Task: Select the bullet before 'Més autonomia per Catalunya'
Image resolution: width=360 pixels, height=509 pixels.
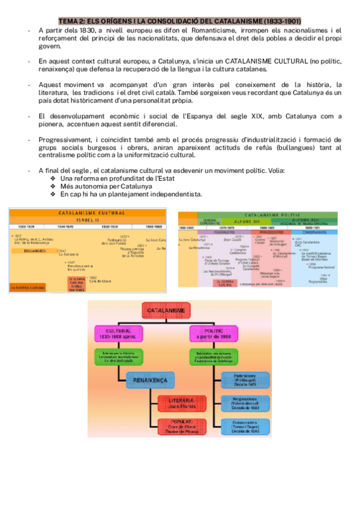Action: coord(54,187)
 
